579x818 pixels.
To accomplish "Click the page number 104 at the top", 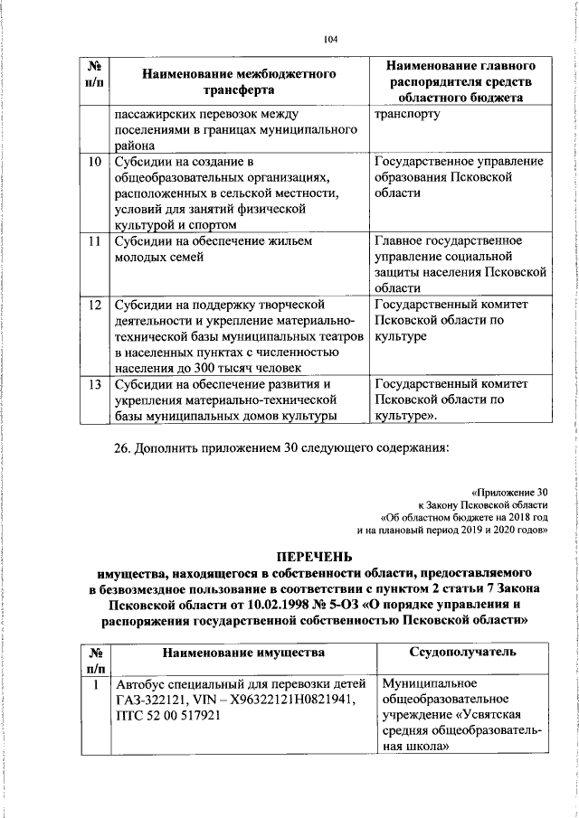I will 329,39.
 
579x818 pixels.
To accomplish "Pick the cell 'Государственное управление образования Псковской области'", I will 459,177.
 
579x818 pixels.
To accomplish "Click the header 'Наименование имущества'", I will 243,652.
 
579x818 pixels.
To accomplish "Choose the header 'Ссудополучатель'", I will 462,652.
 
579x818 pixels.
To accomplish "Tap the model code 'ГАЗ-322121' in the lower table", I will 151,700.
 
